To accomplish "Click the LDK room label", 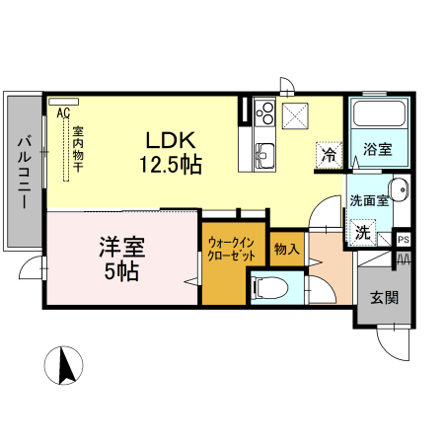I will coord(176,139).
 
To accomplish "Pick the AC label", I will coord(63,113).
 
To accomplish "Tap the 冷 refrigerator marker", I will coord(330,154).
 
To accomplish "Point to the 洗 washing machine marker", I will coord(363,233).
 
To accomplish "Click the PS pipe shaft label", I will coord(404,240).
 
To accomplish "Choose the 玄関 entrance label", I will coord(384,297).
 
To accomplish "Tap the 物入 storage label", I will coord(285,250).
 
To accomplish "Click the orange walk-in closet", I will coord(233,266).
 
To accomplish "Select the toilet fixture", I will coord(270,289).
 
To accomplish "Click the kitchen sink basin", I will coord(265,154).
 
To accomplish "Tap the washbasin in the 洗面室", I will coord(397,191).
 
